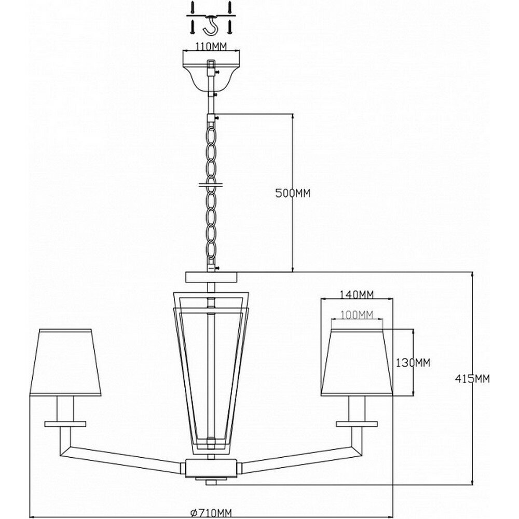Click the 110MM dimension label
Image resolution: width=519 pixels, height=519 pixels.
click(x=212, y=46)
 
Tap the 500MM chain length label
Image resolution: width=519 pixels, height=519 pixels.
click(x=293, y=193)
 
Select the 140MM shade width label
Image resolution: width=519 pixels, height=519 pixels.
click(x=357, y=295)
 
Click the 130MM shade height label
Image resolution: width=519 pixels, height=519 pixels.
click(x=414, y=362)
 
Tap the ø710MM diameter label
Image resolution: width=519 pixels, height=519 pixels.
click(x=211, y=513)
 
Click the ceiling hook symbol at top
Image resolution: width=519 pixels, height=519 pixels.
click(x=212, y=23)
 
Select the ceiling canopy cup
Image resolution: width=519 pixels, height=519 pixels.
click(x=211, y=70)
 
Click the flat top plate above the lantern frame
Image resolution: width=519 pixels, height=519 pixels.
click(x=211, y=277)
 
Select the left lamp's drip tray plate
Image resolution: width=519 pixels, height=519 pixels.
click(x=65, y=423)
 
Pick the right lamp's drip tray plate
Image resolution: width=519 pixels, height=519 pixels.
click(x=357, y=423)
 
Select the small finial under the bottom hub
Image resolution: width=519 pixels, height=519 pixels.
click(x=211, y=483)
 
